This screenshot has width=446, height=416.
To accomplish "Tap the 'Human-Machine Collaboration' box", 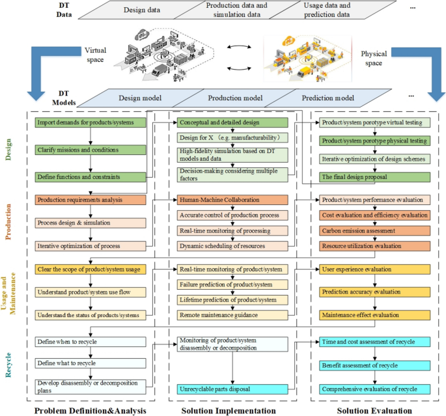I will [x=232, y=200].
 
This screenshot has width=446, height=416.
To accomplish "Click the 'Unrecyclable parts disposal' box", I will [x=232, y=389].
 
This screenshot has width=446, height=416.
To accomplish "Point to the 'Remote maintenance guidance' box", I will [x=232, y=314].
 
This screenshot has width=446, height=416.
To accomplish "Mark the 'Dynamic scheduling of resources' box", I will [x=232, y=245].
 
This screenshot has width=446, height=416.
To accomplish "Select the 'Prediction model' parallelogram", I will [x=329, y=98].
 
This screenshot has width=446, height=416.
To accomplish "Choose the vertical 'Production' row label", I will [x=9, y=221].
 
